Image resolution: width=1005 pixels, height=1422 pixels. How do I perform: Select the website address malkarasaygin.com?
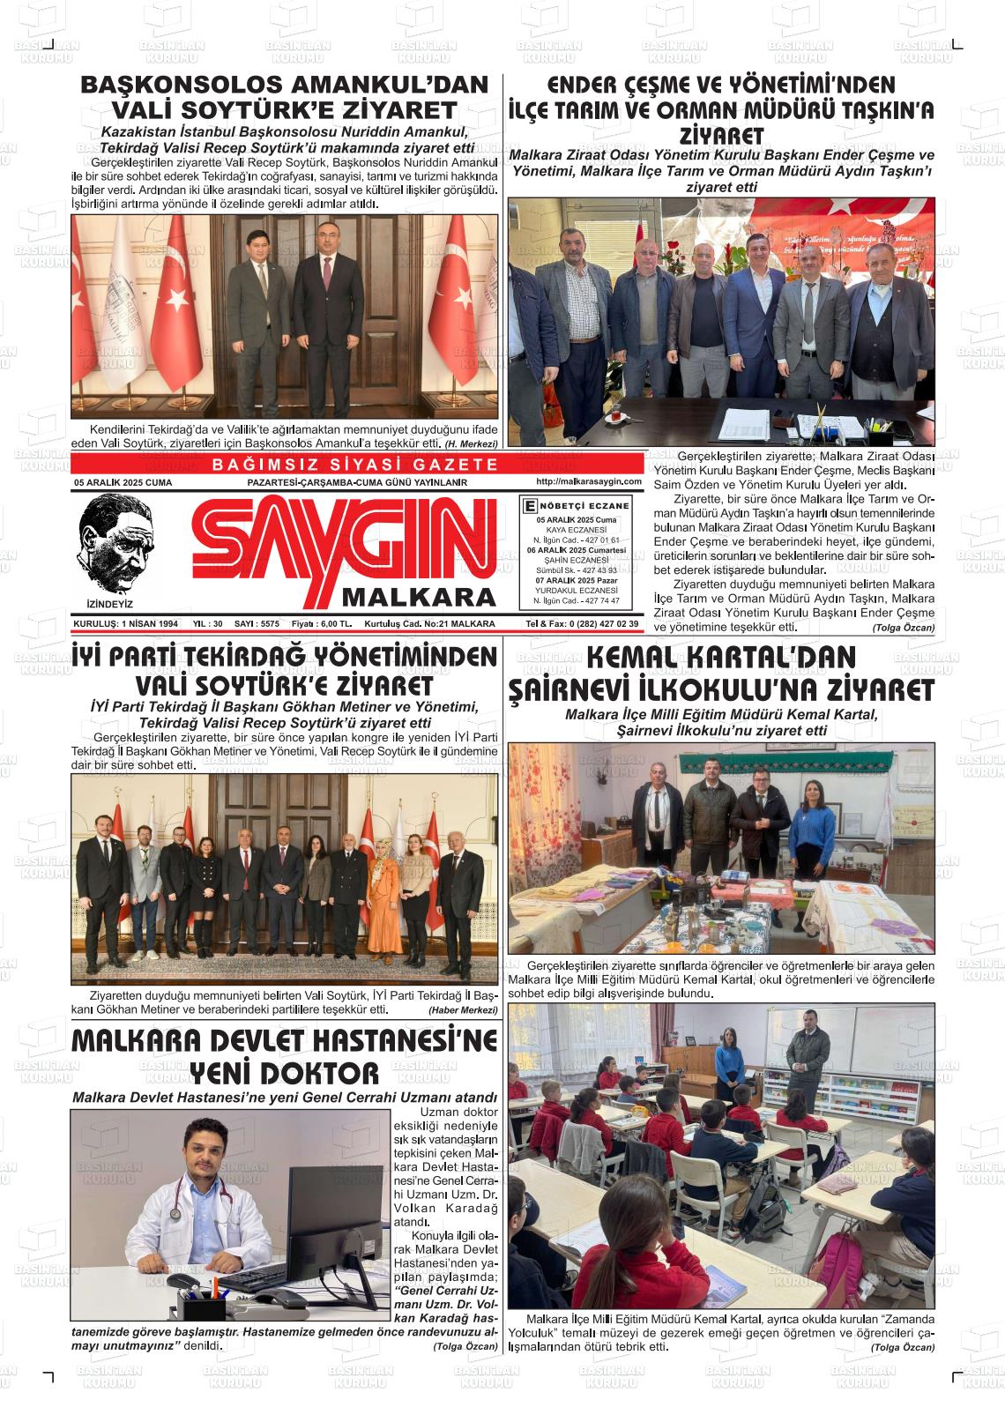tap(588, 482)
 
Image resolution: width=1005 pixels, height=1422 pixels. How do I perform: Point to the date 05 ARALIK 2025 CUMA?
tap(123, 483)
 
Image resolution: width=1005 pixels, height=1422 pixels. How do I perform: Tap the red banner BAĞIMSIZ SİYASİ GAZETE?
tap(356, 465)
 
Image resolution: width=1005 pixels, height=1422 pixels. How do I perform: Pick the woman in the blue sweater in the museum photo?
tap(811, 829)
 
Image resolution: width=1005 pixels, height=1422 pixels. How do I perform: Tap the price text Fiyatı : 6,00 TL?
tap(322, 623)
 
